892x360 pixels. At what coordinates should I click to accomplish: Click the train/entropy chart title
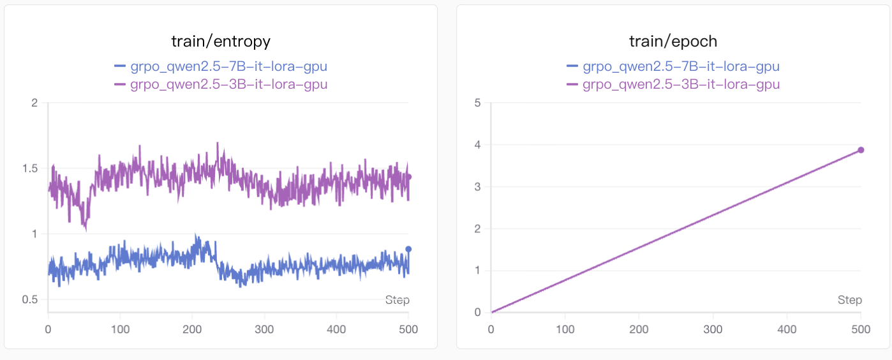tap(221, 41)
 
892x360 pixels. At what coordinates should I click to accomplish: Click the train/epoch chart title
tap(673, 41)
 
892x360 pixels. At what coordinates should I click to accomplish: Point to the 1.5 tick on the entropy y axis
tap(30, 169)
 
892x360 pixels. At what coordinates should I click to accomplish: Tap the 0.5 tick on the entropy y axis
tap(30, 300)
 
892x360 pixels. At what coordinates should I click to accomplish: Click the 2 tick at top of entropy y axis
tap(34, 103)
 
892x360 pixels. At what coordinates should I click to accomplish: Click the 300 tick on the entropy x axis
tap(264, 329)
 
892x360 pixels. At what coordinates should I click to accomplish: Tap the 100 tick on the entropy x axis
tap(120, 329)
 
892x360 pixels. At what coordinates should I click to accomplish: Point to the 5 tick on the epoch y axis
tap(477, 103)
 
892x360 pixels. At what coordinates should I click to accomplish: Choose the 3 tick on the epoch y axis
tap(477, 187)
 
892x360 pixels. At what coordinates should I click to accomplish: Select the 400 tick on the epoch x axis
tap(787, 329)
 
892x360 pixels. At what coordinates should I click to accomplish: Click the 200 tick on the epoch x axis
tap(639, 329)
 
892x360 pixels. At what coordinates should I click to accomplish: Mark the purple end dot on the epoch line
tap(861, 150)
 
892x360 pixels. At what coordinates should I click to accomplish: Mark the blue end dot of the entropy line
tap(408, 249)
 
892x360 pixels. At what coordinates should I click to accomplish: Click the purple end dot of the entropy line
tap(408, 177)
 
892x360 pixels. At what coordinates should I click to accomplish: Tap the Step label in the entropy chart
tap(397, 300)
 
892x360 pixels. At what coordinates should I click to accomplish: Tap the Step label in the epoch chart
tap(849, 300)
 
